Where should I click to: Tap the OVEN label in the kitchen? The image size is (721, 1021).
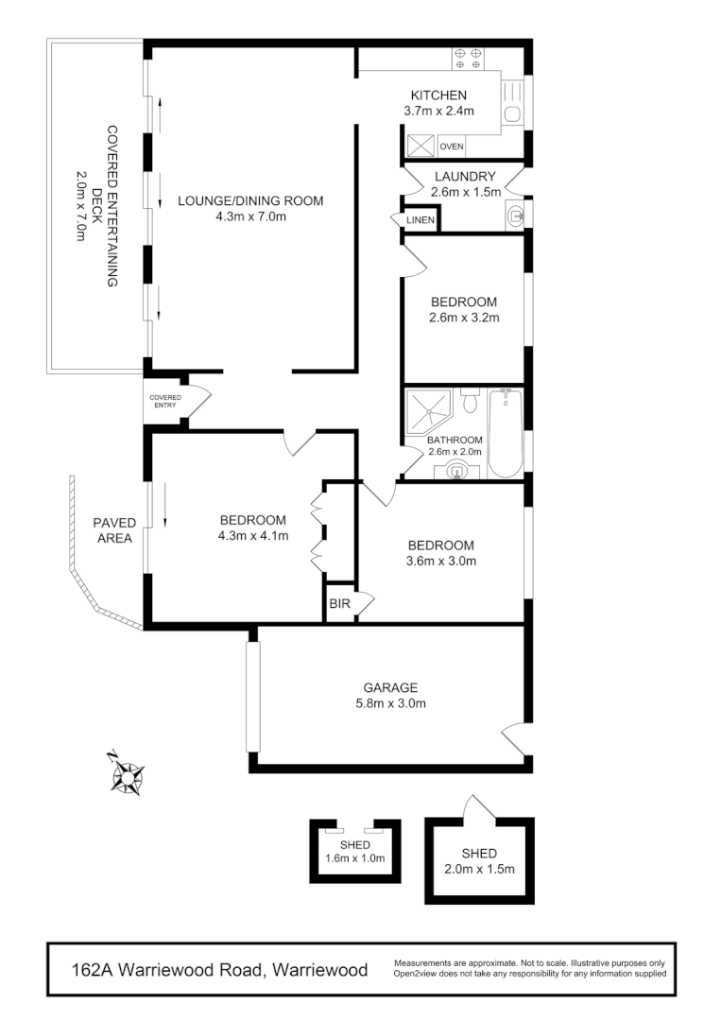pos(452,147)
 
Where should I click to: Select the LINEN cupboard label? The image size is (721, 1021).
pos(420,220)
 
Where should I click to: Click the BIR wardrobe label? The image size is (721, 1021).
pos(338,604)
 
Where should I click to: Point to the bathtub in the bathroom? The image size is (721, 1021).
pos(506,434)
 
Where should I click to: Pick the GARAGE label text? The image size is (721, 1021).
pos(390,687)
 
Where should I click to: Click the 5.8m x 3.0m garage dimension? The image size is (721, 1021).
pos(390,703)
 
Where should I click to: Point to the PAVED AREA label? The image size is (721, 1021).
pos(114,530)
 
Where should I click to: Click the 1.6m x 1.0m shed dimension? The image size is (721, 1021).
pos(355,858)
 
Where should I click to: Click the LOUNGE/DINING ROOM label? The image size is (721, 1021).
pos(250,200)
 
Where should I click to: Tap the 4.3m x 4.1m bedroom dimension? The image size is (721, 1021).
pos(252,536)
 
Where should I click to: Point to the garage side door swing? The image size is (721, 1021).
pos(512,737)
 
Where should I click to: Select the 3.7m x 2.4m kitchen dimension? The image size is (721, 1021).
pos(438,111)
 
